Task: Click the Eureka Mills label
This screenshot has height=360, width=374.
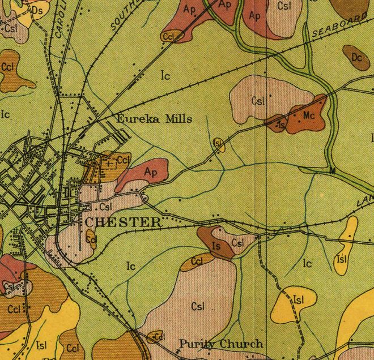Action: click(154, 119)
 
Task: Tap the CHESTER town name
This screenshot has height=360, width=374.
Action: click(123, 222)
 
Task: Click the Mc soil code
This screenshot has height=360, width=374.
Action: click(309, 115)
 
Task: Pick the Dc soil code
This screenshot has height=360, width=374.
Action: click(356, 57)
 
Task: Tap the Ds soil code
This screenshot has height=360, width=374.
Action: click(38, 10)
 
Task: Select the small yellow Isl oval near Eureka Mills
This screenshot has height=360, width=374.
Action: click(218, 144)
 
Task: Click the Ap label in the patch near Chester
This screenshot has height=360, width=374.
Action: click(150, 171)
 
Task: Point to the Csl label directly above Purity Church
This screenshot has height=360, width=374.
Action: click(198, 306)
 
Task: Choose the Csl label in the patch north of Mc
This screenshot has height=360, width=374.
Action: click(258, 101)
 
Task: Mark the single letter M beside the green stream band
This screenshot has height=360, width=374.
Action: click(332, 170)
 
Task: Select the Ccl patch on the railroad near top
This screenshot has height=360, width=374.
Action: click(169, 36)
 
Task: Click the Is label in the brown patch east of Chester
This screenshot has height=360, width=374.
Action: click(215, 246)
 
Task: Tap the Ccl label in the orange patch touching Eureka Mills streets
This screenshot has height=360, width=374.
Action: click(124, 160)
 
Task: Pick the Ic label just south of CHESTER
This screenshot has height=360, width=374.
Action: click(131, 265)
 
